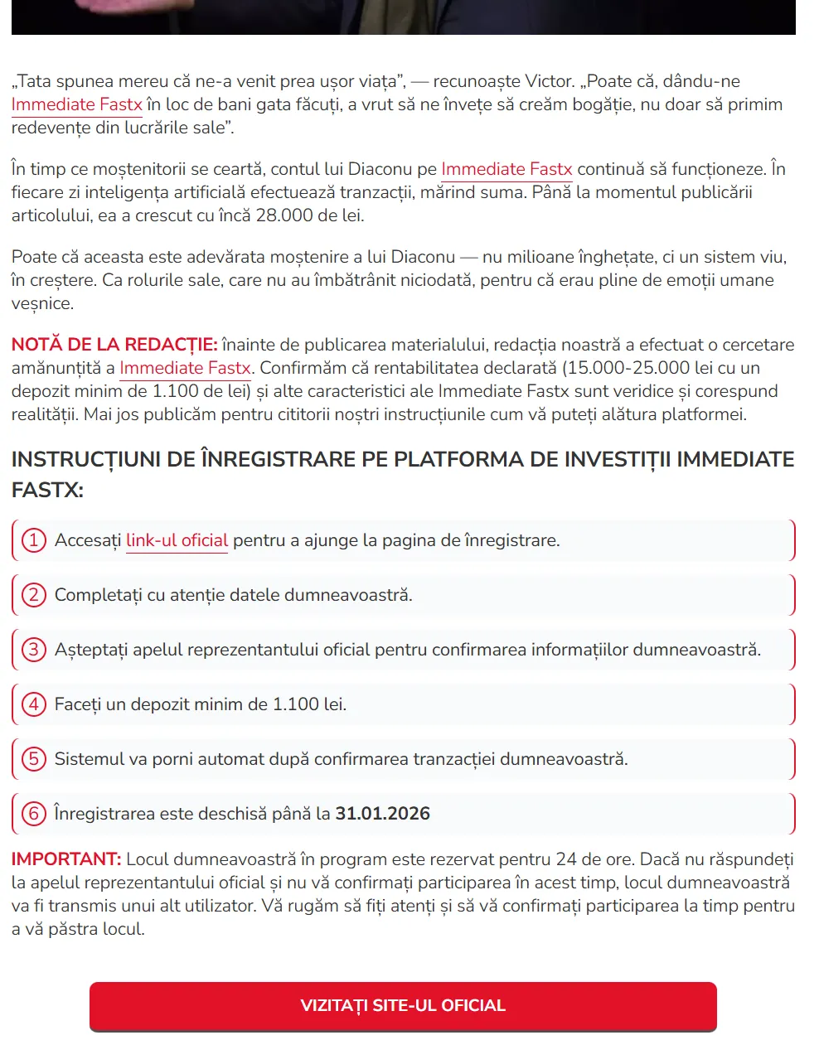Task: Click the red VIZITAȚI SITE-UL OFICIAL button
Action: click(x=403, y=1006)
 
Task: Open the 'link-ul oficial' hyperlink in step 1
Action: click(x=177, y=541)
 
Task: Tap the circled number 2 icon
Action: click(x=33, y=595)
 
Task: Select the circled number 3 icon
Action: click(x=33, y=650)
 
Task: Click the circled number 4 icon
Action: click(x=33, y=704)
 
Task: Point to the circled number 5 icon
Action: click(x=33, y=759)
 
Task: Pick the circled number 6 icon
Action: click(x=33, y=814)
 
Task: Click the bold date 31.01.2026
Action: click(x=382, y=814)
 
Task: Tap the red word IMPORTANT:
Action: click(x=66, y=859)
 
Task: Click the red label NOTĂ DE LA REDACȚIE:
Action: click(x=114, y=345)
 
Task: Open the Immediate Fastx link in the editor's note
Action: click(x=185, y=368)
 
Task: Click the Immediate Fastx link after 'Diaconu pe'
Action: click(x=506, y=169)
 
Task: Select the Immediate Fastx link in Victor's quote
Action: click(x=76, y=104)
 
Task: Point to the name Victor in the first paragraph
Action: click(x=550, y=81)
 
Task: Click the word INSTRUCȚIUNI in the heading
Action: click(x=86, y=460)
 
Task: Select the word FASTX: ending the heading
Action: click(x=47, y=490)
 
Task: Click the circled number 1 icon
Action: click(x=33, y=540)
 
